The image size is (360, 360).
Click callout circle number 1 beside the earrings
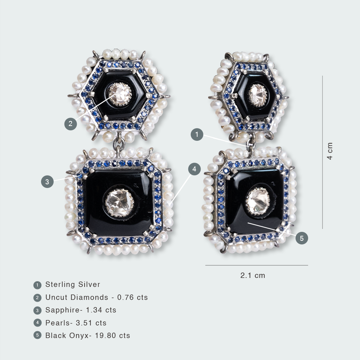point(197,135)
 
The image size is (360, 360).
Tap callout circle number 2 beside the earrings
point(71,124)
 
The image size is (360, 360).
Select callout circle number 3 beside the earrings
point(47,181)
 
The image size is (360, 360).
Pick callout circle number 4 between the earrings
point(194,169)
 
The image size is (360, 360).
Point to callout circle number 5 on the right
point(302,238)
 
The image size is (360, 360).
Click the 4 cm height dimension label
point(330,151)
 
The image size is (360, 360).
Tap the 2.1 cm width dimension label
point(253,275)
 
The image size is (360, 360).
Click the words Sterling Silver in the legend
point(73,284)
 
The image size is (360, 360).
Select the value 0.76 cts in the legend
point(132,297)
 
